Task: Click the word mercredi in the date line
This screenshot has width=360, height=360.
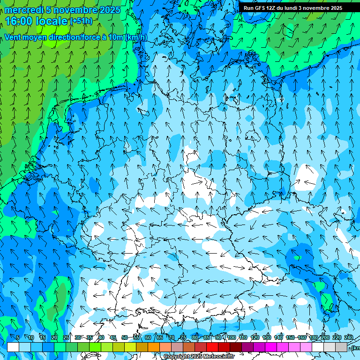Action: (24, 10)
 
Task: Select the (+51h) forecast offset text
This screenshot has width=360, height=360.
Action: (81, 21)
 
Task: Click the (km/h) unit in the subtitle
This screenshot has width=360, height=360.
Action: (136, 37)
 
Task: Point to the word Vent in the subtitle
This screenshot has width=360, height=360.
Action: (14, 37)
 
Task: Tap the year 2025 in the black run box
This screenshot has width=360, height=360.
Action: (334, 8)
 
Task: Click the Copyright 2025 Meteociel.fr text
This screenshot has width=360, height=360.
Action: (199, 357)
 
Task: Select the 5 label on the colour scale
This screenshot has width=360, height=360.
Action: (18, 338)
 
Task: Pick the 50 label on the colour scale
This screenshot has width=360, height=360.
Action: (125, 338)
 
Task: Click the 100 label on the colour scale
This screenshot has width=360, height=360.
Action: (232, 338)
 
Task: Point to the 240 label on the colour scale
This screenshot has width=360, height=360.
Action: (349, 338)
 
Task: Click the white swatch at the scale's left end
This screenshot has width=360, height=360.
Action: (13, 347)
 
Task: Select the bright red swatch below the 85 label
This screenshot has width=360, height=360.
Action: (212, 347)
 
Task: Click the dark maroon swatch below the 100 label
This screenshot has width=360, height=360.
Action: (236, 347)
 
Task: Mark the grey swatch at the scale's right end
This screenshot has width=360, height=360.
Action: (341, 347)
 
